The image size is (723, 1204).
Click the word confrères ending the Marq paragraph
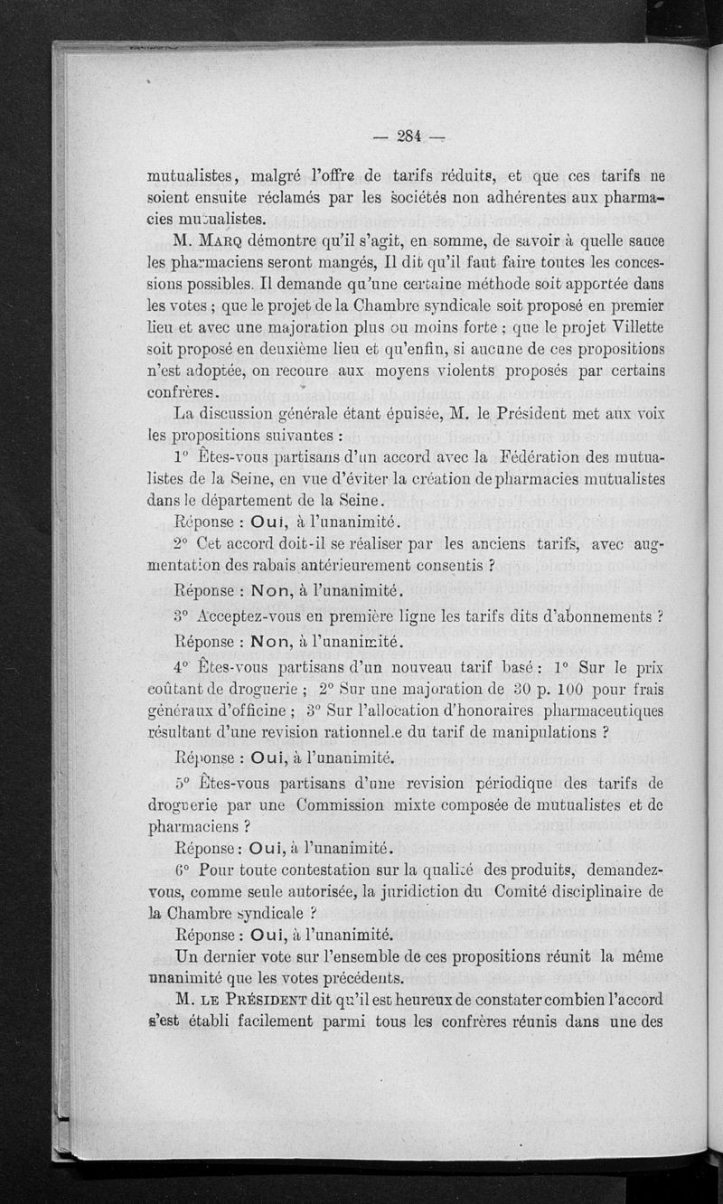coord(182,391)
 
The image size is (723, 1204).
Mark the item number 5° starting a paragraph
coord(183,784)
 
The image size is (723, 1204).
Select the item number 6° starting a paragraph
coord(183,870)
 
